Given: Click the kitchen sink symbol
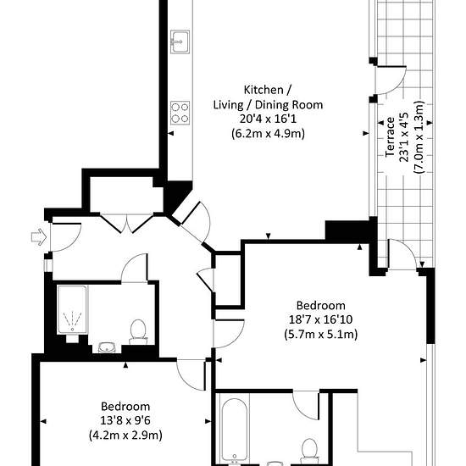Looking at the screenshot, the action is point(180,42).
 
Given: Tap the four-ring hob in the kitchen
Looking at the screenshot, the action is point(180,113).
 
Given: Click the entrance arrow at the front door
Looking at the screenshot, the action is point(39,237).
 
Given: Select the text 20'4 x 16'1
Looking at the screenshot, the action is point(268,119).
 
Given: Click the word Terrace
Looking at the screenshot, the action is point(390,137).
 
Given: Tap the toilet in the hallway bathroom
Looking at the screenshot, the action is point(138,332).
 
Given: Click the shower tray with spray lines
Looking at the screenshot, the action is point(73,309).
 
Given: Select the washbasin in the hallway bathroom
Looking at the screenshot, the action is point(107,347).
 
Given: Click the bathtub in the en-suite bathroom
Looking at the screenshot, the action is point(234,431).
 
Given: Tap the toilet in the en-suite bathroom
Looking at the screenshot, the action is point(309,452).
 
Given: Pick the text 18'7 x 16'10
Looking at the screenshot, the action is point(320,319).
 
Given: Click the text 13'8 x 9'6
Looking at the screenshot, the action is point(125,420).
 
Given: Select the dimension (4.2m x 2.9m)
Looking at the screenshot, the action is point(125,435).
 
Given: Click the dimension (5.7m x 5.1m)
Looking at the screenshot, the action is point(320,335).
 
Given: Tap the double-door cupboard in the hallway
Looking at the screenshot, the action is point(127,223).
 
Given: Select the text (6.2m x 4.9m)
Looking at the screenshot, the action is point(268,134).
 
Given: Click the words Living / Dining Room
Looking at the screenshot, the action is point(268,104).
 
